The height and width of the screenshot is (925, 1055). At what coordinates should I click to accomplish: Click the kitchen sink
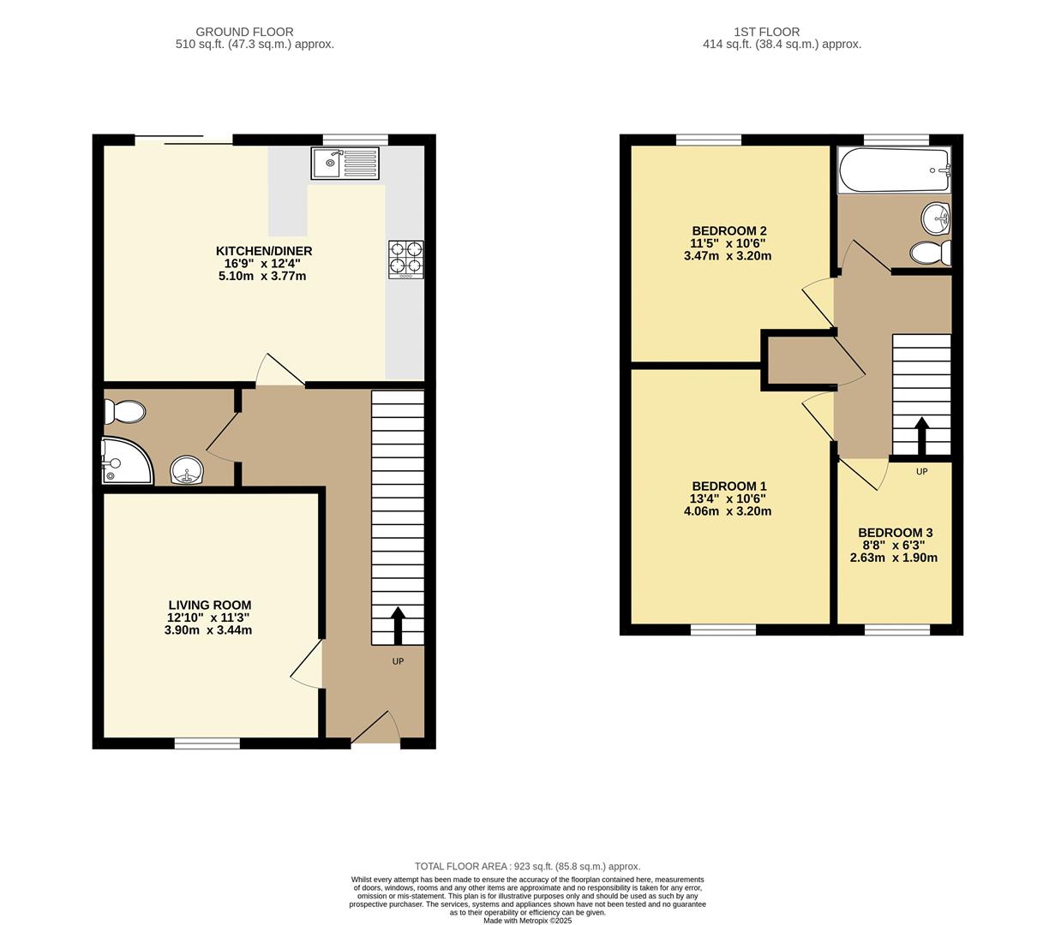tap(345, 164)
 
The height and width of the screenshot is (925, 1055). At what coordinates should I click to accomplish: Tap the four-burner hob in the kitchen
tap(405, 260)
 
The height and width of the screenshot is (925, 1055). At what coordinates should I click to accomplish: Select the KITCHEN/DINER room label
tap(264, 251)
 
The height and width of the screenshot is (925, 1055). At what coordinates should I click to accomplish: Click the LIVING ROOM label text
tap(210, 605)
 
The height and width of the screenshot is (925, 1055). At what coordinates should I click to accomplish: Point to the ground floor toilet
tap(124, 412)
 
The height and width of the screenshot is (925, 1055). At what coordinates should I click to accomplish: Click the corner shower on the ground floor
tap(127, 461)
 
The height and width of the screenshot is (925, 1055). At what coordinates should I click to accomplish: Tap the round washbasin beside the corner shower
tap(187, 469)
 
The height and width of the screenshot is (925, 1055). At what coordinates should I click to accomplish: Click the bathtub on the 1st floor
tap(894, 170)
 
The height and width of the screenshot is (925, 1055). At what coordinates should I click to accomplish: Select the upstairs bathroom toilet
tap(931, 253)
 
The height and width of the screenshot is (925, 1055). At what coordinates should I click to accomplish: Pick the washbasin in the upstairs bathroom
tap(936, 218)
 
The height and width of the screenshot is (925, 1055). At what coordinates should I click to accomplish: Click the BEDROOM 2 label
tap(729, 230)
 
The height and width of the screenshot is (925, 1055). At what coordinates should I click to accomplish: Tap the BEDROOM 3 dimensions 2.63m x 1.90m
tap(894, 558)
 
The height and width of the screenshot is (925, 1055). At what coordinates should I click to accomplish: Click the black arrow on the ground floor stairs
tap(398, 625)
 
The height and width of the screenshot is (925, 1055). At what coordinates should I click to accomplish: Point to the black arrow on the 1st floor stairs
tap(921, 436)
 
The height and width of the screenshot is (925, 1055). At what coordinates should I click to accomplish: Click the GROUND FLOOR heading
tap(244, 32)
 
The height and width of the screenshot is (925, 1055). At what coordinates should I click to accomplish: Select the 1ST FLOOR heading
tap(766, 32)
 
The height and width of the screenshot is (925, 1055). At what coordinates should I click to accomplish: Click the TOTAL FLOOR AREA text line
tap(528, 866)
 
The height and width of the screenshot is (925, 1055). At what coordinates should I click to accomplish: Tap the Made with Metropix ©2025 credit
tap(528, 921)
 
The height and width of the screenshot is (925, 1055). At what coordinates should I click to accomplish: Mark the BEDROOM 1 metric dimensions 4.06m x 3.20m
tap(728, 511)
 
